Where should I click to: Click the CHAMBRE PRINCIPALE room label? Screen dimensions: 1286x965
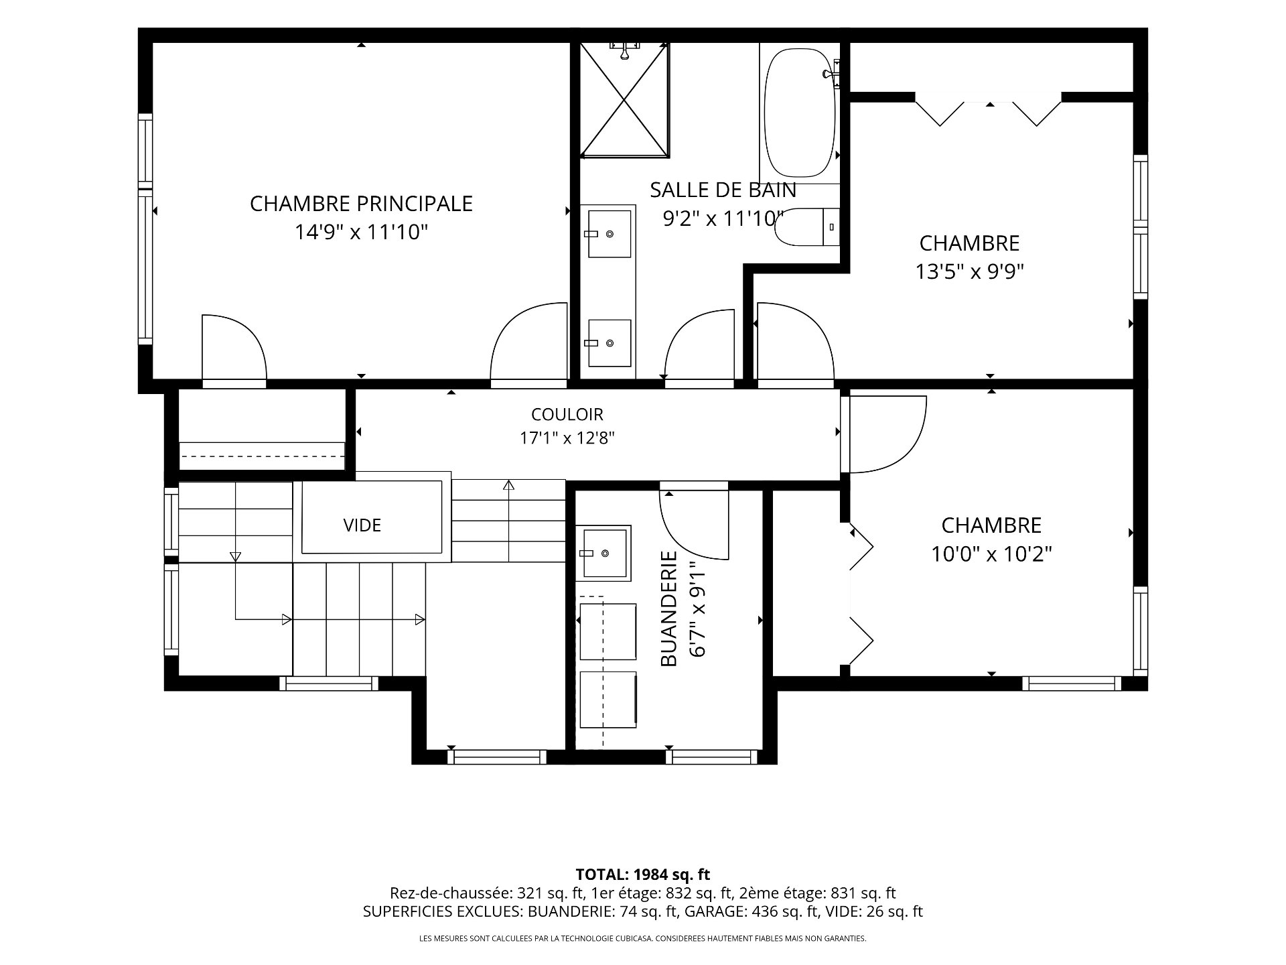(x=361, y=203)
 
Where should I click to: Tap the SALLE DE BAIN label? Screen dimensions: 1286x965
(x=723, y=190)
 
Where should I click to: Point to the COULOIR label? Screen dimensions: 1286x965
(x=567, y=414)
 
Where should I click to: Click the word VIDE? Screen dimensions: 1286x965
(x=362, y=525)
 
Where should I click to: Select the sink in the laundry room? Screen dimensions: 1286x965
(x=604, y=553)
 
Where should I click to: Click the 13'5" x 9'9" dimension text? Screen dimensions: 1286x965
(x=970, y=271)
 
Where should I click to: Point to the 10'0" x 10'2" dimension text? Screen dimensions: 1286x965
(x=991, y=554)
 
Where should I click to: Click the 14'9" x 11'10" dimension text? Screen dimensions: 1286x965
(x=361, y=233)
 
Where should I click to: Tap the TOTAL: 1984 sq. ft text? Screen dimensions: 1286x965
(x=643, y=875)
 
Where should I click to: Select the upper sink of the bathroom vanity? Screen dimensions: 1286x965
(x=609, y=233)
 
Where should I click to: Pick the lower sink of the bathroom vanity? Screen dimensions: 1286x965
(x=609, y=342)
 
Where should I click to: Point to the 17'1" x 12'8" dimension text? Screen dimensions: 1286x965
(x=567, y=438)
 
